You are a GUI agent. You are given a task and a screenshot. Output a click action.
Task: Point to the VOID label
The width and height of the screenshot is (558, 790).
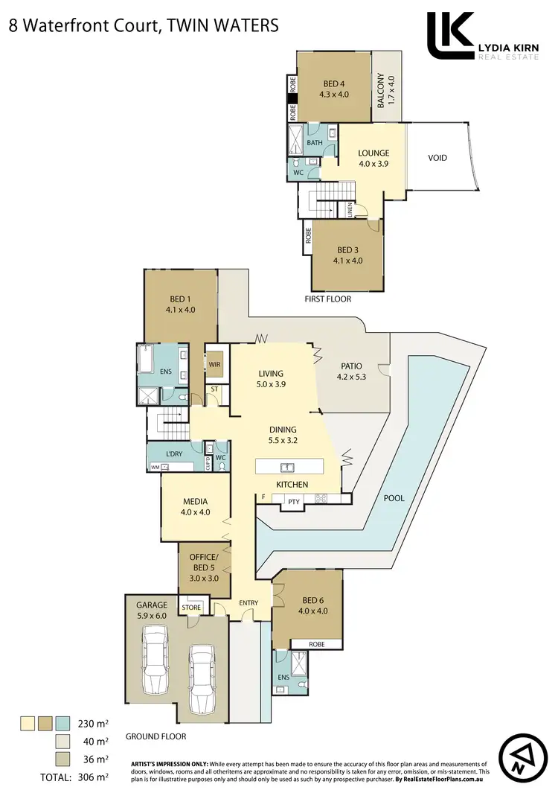437,158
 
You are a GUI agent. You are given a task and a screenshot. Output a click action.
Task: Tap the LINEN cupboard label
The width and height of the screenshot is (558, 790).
350,211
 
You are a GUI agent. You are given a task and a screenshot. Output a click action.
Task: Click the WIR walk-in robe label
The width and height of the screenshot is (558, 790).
215,365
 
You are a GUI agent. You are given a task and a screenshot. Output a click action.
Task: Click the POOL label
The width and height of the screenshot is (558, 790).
394,498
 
